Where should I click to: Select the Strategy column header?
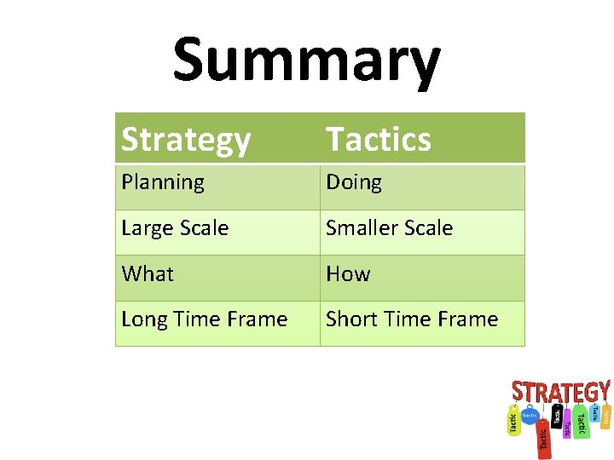[186, 139]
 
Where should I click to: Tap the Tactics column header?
[379, 139]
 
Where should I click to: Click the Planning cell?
[163, 182]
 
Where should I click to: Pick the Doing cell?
[354, 182]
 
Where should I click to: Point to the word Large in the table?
[146, 228]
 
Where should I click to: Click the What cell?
[148, 273]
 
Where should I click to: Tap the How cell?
[348, 273]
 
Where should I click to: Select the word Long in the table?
[143, 319]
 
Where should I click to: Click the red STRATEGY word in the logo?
[560, 392]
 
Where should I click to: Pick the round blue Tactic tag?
[530, 415]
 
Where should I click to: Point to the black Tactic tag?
[557, 417]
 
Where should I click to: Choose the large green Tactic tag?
[582, 421]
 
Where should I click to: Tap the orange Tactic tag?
[606, 416]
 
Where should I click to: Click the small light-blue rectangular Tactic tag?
[595, 413]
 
